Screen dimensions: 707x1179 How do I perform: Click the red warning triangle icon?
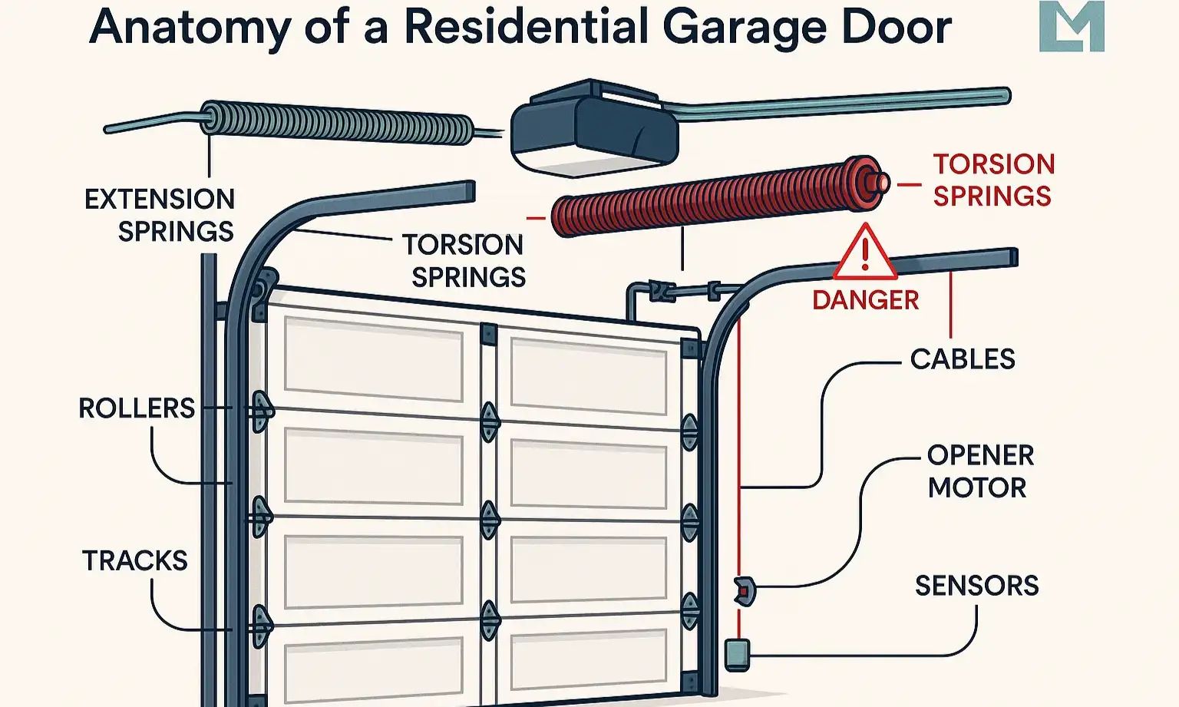click(x=865, y=253)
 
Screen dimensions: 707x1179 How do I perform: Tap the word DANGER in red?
click(x=865, y=299)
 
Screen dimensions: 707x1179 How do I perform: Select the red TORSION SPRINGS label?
click(x=993, y=180)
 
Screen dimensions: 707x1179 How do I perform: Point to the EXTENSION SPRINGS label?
click(x=160, y=215)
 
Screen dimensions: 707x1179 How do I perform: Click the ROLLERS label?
click(x=137, y=408)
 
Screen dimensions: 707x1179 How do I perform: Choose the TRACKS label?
click(x=135, y=560)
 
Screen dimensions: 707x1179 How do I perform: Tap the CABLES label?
click(x=963, y=358)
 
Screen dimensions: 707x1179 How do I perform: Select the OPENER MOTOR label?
click(x=979, y=471)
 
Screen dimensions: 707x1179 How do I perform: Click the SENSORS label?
click(x=976, y=586)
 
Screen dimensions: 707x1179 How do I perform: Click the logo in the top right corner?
click(x=1072, y=27)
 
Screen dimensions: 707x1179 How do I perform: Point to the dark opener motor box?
click(x=595, y=127)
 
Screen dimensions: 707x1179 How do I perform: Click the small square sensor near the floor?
click(x=736, y=653)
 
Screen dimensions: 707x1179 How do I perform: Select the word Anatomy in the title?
click(x=190, y=27)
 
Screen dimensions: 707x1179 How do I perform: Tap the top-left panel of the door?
click(x=373, y=358)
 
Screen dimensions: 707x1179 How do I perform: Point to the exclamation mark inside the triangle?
click(x=865, y=254)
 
